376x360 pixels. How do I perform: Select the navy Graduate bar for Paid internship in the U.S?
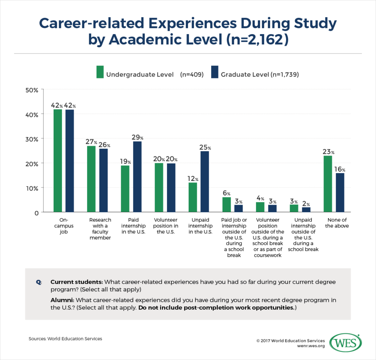click(137, 177)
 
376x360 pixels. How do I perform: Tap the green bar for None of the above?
click(328, 184)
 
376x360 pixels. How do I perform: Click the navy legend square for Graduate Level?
click(215, 72)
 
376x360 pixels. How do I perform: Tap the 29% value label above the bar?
click(137, 137)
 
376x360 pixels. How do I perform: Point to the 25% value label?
click(205, 148)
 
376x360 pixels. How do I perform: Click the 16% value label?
click(340, 170)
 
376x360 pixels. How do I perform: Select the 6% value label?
click(226, 193)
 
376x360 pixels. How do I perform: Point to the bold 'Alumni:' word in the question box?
click(61, 300)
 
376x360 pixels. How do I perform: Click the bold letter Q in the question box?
click(38, 282)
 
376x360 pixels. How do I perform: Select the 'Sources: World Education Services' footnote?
click(65, 339)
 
